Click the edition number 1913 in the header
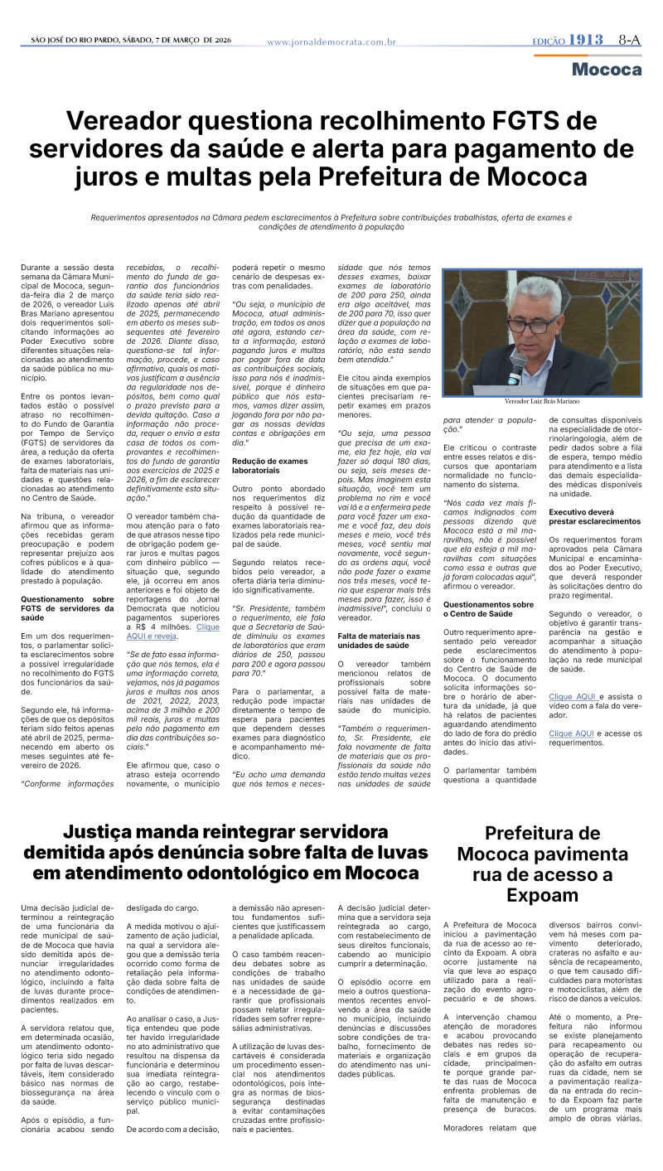point(586,40)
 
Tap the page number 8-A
point(630,40)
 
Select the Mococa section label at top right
point(607,70)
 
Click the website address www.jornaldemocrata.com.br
point(331,41)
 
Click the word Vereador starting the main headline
point(127,122)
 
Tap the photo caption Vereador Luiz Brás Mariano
point(542,400)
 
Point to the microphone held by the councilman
point(515,365)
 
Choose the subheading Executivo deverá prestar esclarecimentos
point(594,516)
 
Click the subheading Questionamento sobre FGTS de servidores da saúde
point(67,604)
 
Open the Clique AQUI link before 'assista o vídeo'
point(572,697)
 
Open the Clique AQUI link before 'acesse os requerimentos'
point(572,733)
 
